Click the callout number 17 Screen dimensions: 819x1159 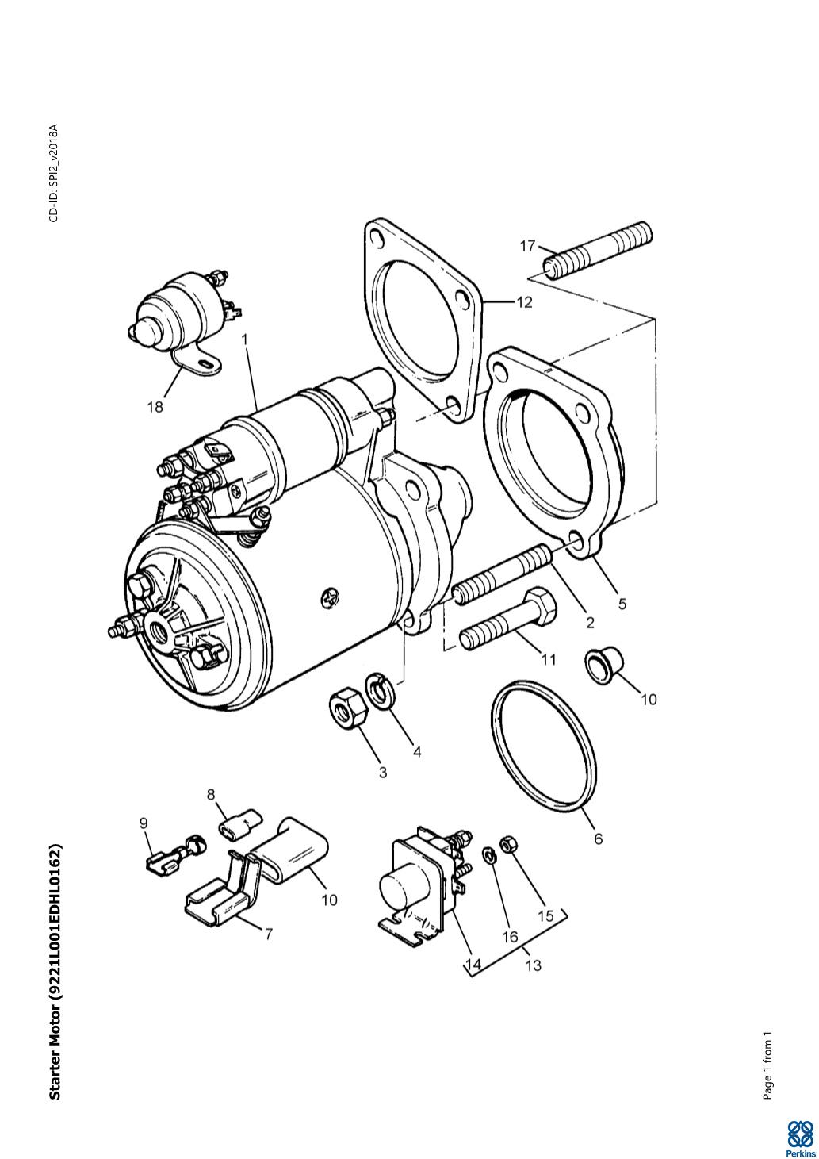point(527,246)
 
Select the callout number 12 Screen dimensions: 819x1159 point(524,303)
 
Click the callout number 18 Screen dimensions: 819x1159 point(155,407)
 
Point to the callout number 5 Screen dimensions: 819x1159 point(622,604)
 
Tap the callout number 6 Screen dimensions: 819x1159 point(599,839)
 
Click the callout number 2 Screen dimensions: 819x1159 point(590,623)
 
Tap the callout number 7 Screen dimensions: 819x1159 point(268,934)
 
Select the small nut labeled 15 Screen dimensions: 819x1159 point(507,845)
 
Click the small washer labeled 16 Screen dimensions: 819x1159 point(490,855)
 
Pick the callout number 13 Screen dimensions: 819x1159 point(533,965)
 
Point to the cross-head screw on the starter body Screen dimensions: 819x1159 point(329,599)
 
